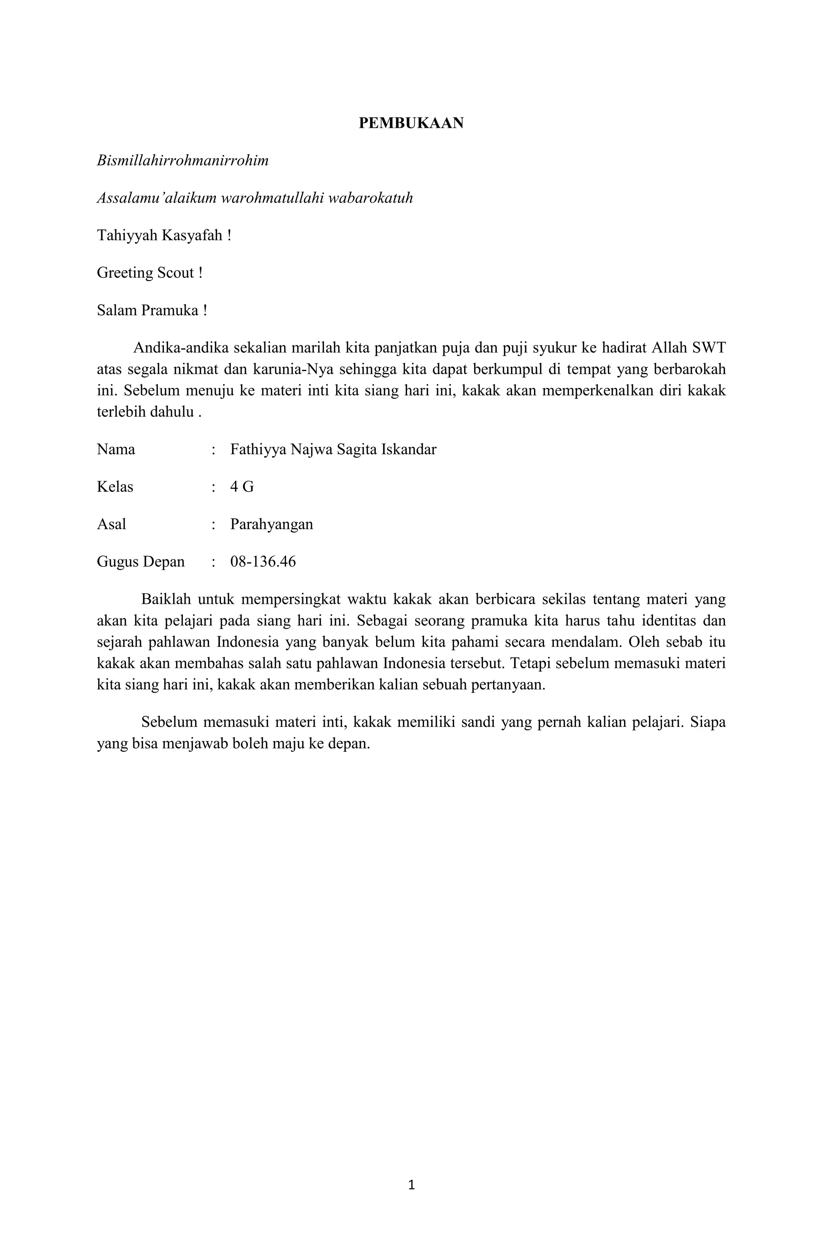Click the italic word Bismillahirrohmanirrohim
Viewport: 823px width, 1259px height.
click(182, 161)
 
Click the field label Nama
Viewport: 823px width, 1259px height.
click(116, 450)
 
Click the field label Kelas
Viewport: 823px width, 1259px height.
click(115, 487)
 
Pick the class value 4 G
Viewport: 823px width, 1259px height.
click(242, 487)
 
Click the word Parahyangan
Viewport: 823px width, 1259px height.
click(271, 525)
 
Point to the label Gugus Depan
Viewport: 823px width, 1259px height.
click(141, 562)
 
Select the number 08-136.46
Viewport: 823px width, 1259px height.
click(263, 562)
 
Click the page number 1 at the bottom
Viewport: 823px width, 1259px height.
click(411, 1185)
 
